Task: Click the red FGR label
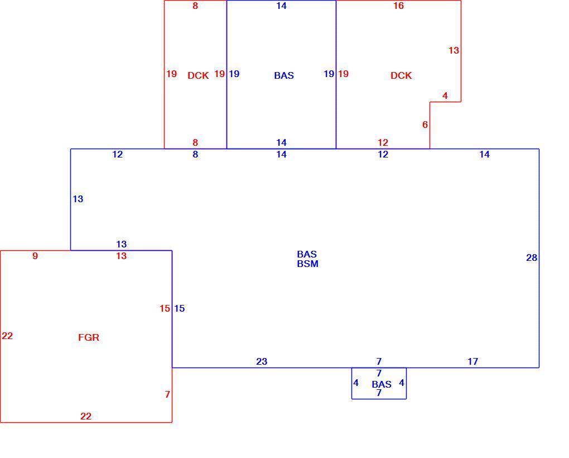click(x=89, y=337)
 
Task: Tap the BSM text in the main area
click(x=308, y=264)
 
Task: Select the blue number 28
click(x=532, y=257)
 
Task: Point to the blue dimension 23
click(x=262, y=361)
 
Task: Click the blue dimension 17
click(x=472, y=361)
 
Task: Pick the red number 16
click(x=398, y=6)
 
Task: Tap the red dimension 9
click(x=35, y=256)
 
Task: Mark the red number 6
click(x=425, y=125)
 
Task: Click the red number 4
click(x=445, y=96)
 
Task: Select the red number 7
click(x=167, y=394)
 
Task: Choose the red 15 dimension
click(x=165, y=308)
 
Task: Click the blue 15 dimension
click(x=179, y=308)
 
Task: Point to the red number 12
click(x=383, y=142)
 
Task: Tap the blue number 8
click(x=195, y=154)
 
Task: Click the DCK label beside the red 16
click(x=401, y=75)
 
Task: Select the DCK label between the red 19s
click(x=198, y=75)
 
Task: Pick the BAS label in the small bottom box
click(x=382, y=384)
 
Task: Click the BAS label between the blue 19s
click(x=284, y=75)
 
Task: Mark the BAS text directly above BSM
click(x=307, y=254)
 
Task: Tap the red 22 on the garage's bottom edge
click(x=86, y=416)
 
